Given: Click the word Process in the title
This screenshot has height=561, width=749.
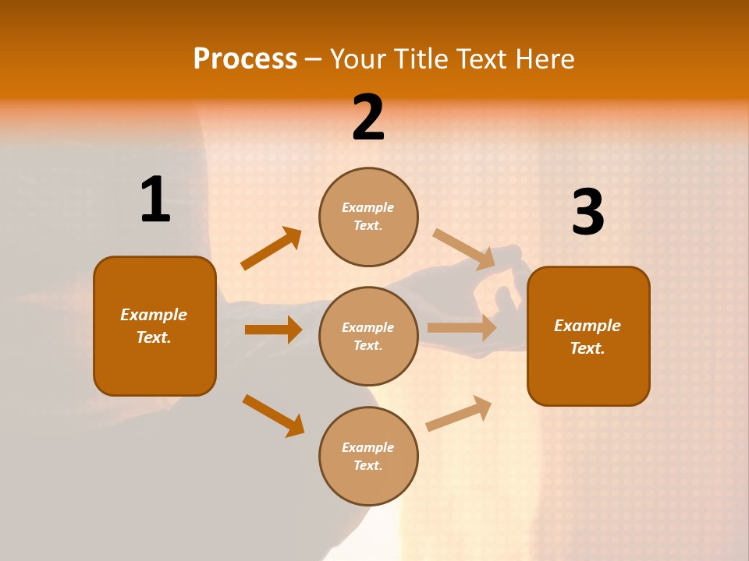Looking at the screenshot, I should (x=245, y=59).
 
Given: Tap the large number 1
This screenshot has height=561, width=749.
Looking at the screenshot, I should (x=155, y=200).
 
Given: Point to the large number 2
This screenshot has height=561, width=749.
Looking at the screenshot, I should (x=368, y=118).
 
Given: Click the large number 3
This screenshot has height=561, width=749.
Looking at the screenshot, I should (x=587, y=213).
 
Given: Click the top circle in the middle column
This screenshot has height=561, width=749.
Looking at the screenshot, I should (x=368, y=217).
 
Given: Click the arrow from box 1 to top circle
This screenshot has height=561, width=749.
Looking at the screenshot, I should (x=271, y=249).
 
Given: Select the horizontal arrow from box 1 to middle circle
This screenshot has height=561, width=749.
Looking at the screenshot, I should (x=273, y=330).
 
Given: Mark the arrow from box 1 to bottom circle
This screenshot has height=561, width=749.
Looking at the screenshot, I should (x=273, y=415).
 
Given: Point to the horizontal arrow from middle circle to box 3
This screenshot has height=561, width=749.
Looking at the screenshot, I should (x=462, y=328).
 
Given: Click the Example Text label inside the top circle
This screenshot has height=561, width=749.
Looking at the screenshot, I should (x=368, y=217).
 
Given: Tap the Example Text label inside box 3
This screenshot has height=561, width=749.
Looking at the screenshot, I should (x=587, y=337).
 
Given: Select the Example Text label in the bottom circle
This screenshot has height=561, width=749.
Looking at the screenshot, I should (x=368, y=457).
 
